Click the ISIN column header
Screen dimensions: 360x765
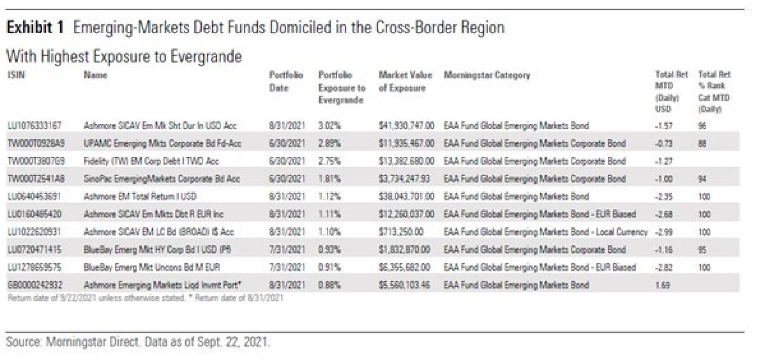pyautogui.click(x=16, y=75)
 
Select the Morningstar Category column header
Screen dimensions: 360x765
pyautogui.click(x=487, y=75)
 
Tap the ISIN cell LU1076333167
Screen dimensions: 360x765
pyautogui.click(x=35, y=126)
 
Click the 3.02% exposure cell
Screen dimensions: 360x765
pyautogui.click(x=330, y=126)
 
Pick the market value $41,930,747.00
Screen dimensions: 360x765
pyautogui.click(x=406, y=126)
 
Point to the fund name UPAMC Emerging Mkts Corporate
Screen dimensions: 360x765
pyautogui.click(x=162, y=143)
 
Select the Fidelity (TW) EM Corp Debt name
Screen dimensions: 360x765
pyautogui.click(x=151, y=161)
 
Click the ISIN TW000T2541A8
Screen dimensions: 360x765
pyautogui.click(x=36, y=179)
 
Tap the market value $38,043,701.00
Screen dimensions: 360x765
pyautogui.click(x=406, y=196)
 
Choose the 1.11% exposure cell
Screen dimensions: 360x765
pyautogui.click(x=330, y=214)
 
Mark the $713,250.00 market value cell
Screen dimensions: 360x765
pyautogui.click(x=401, y=232)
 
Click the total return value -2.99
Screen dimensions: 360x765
pyautogui.click(x=663, y=232)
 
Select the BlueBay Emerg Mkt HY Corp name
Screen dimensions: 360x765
pyautogui.click(x=157, y=250)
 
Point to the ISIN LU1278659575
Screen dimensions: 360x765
pyautogui.click(x=35, y=267)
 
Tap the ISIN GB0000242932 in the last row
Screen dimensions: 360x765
pyautogui.click(x=35, y=285)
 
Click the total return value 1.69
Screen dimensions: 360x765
pyautogui.click(x=662, y=285)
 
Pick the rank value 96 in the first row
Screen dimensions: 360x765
pyautogui.click(x=702, y=126)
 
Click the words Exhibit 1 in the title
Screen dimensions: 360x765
pyautogui.click(x=35, y=28)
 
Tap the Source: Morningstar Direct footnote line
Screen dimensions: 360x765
pyautogui.click(x=138, y=342)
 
